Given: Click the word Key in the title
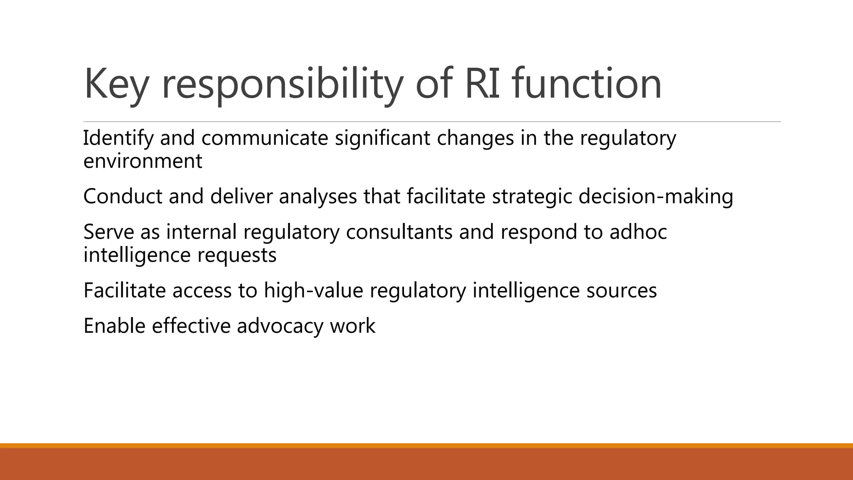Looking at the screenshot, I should [116, 85].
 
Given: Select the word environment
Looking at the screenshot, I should [143, 161].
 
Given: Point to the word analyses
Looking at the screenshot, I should [318, 196].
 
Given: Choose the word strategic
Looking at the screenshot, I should [532, 196].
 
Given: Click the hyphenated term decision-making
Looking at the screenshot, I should [656, 196].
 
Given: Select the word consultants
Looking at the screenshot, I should [399, 232].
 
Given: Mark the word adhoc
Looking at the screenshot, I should [638, 232].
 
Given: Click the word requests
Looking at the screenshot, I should [237, 255].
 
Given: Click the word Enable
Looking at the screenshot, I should [114, 326].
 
